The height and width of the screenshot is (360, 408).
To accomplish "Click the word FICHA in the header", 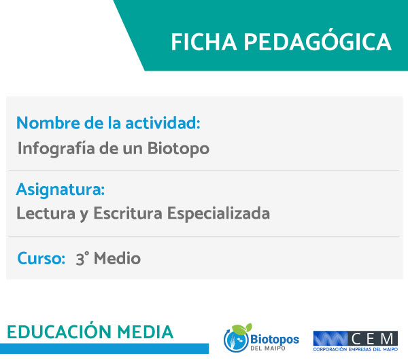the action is [204, 42].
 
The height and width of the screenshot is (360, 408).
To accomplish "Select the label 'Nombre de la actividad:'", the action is [108, 123].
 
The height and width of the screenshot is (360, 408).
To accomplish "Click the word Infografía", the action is [56, 149].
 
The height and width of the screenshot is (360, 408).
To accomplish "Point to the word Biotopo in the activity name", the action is [178, 149].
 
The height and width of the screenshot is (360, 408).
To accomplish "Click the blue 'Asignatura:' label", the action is [61, 190].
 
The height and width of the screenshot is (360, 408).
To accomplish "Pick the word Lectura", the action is [46, 213].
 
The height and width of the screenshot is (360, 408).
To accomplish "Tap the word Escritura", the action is [128, 213].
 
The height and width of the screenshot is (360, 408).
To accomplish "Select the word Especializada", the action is [218, 214].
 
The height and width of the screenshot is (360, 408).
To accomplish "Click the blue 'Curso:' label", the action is [41, 258].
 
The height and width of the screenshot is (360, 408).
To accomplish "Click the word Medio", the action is [118, 258].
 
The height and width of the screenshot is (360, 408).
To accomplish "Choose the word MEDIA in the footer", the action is [146, 332].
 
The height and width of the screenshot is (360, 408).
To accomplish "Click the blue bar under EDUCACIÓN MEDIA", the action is [104, 348].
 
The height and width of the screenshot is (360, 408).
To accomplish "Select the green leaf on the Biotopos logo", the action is [242, 329].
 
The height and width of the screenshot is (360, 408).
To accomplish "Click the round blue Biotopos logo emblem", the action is [236, 340].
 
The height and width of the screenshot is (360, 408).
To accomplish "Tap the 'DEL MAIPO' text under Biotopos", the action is [268, 348].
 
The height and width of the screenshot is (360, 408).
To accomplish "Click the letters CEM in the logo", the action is [373, 339].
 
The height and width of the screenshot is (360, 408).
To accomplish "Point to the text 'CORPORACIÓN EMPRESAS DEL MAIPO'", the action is [356, 349].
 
